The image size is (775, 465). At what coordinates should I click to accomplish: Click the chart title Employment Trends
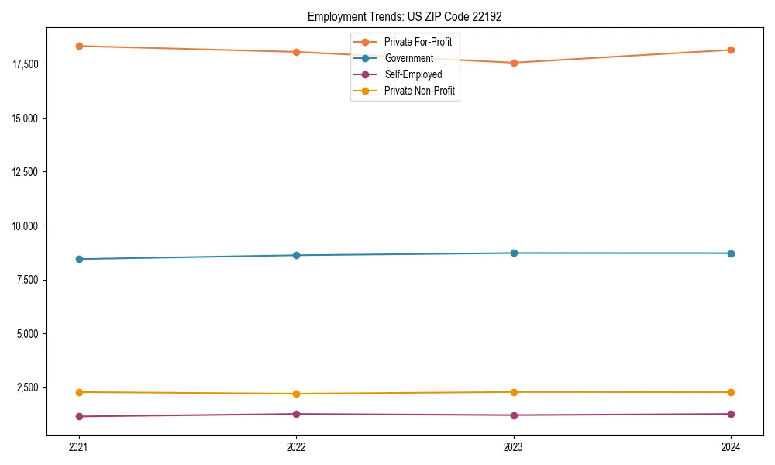405,16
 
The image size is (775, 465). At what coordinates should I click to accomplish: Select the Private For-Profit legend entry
418,42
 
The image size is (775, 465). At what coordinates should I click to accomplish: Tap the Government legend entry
408,58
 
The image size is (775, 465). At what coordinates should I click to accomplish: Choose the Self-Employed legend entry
413,75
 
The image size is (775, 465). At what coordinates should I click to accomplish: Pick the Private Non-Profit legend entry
419,91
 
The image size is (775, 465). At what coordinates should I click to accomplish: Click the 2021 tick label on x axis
79,447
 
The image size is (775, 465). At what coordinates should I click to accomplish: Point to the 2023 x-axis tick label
514,447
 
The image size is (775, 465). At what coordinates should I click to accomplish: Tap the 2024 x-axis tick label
731,447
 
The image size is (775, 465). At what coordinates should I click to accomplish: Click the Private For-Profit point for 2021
79,46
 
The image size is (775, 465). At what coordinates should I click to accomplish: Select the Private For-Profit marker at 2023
514,63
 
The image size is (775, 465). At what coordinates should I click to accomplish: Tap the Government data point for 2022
296,255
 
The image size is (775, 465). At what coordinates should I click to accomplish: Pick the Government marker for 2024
731,253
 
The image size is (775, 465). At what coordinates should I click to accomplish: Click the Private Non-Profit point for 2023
514,392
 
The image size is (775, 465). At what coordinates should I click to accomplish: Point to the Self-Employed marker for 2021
79,416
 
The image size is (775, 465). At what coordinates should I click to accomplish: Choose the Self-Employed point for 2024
731,414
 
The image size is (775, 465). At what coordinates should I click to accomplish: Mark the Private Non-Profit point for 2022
296,394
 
